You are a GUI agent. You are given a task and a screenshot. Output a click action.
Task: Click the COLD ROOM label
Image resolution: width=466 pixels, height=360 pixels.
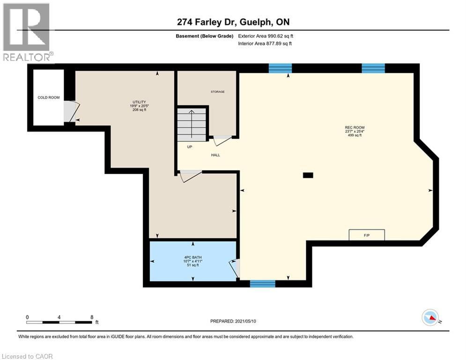tap(48, 97)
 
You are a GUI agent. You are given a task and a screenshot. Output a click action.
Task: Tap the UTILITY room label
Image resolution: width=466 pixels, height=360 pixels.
tap(140, 102)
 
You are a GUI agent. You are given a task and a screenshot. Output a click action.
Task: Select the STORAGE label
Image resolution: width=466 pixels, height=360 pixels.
tap(218, 91)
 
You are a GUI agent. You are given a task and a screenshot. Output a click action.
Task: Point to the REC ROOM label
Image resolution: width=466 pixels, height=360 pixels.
tap(355, 127)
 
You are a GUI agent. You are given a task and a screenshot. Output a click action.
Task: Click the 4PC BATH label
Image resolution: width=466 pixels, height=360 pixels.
tap(193, 257)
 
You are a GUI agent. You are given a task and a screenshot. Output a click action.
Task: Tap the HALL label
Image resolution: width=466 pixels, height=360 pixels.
tap(215, 155)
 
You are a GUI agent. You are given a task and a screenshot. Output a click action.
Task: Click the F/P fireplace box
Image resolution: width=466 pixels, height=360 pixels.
tap(367, 235)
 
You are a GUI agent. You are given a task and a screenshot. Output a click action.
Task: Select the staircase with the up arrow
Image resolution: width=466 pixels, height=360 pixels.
tap(192, 124)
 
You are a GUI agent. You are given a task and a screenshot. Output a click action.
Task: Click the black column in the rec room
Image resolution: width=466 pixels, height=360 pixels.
tap(308, 175)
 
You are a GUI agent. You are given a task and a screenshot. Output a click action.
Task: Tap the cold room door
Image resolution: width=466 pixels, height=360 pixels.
tap(71, 112)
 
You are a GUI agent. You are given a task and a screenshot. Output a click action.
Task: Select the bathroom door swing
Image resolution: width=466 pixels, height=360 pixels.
tap(235, 268)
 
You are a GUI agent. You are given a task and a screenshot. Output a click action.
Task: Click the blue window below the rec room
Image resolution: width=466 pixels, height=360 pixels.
tap(263, 284)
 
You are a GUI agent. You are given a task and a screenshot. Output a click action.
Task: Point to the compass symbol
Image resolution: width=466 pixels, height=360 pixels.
tap(430, 317)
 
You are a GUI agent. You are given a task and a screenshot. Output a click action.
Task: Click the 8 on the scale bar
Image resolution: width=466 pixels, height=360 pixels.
tap(92, 317)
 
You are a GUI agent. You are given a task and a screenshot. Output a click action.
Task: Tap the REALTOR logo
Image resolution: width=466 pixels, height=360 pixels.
tap(27, 32)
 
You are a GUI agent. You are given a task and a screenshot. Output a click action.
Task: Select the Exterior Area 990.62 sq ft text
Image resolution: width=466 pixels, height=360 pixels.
tap(266, 36)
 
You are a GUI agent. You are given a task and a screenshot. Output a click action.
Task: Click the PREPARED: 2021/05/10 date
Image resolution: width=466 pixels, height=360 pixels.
tap(233, 321)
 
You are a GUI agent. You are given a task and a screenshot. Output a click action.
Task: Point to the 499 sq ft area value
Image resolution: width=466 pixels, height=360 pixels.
tap(355, 135)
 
